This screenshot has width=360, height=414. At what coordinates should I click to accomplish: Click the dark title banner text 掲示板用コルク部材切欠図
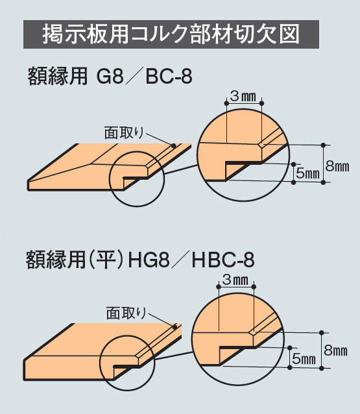pyautogui.click(x=171, y=34)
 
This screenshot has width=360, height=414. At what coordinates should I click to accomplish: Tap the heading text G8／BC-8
pyautogui.click(x=145, y=77)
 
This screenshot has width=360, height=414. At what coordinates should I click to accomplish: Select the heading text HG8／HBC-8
pyautogui.click(x=191, y=260)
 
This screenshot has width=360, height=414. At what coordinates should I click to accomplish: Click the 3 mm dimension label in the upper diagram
pyautogui.click(x=243, y=97)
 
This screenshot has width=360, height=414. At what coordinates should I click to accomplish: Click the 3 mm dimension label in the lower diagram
pyautogui.click(x=235, y=280)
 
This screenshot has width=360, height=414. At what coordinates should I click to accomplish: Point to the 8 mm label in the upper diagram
pyautogui.click(x=337, y=166)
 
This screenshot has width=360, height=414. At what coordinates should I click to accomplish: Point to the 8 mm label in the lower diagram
pyautogui.click(x=336, y=350)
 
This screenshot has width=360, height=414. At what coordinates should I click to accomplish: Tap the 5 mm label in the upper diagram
pyautogui.click(x=307, y=173)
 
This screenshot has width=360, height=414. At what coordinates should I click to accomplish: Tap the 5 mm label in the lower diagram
pyautogui.click(x=304, y=359)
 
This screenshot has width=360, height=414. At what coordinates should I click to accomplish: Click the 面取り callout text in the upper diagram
pyautogui.click(x=124, y=133)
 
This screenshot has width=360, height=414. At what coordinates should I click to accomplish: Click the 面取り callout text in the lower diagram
pyautogui.click(x=126, y=313)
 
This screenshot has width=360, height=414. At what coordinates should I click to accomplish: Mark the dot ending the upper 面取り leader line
pyautogui.click(x=173, y=145)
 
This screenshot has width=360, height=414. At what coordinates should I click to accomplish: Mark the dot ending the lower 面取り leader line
pyautogui.click(x=174, y=327)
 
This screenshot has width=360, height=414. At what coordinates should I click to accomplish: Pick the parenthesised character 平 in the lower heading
pyautogui.click(x=106, y=260)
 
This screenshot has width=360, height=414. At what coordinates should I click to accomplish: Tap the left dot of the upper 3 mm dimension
pyautogui.click(x=226, y=103)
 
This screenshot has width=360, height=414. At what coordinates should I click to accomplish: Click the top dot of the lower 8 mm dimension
pyautogui.click(x=322, y=332)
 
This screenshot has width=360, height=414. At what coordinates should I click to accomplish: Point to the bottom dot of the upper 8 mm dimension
pyautogui.click(x=323, y=182)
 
